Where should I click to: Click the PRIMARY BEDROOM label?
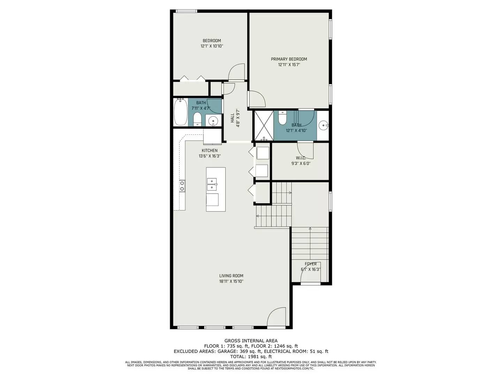click(289, 59)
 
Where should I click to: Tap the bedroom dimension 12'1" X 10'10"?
click(212, 46)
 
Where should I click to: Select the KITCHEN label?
click(210, 150)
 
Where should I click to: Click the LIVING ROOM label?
click(231, 275)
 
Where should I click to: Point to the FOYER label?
click(310, 264)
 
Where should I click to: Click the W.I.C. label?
click(301, 158)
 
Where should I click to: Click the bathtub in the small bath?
click(181, 112)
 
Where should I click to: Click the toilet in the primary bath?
click(282, 118)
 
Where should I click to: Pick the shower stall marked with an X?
click(264, 125)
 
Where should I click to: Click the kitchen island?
click(215, 189)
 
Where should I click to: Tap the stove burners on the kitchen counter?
click(182, 186)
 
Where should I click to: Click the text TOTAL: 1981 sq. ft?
click(251, 357)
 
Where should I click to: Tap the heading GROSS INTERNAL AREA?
click(251, 341)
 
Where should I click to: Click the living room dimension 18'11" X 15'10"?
click(231, 281)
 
